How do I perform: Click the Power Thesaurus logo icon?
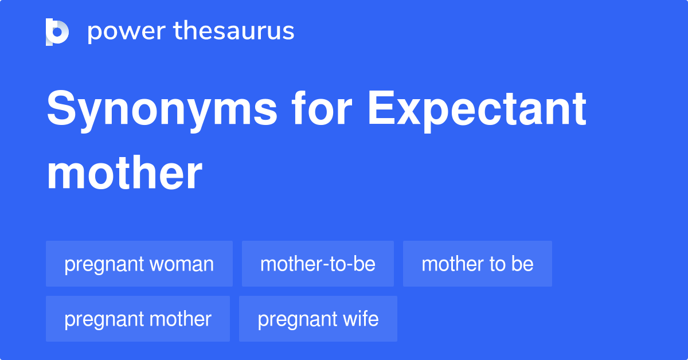point(57,32)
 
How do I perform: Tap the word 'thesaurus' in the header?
point(234,32)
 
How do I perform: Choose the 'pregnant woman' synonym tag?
point(139,264)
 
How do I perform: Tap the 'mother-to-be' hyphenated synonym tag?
point(318,264)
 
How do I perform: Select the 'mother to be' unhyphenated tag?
point(478,264)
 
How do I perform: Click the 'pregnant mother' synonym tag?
point(138,319)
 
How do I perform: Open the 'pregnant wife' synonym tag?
point(318,319)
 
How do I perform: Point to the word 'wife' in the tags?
point(363,319)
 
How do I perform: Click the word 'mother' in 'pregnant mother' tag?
point(183,319)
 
